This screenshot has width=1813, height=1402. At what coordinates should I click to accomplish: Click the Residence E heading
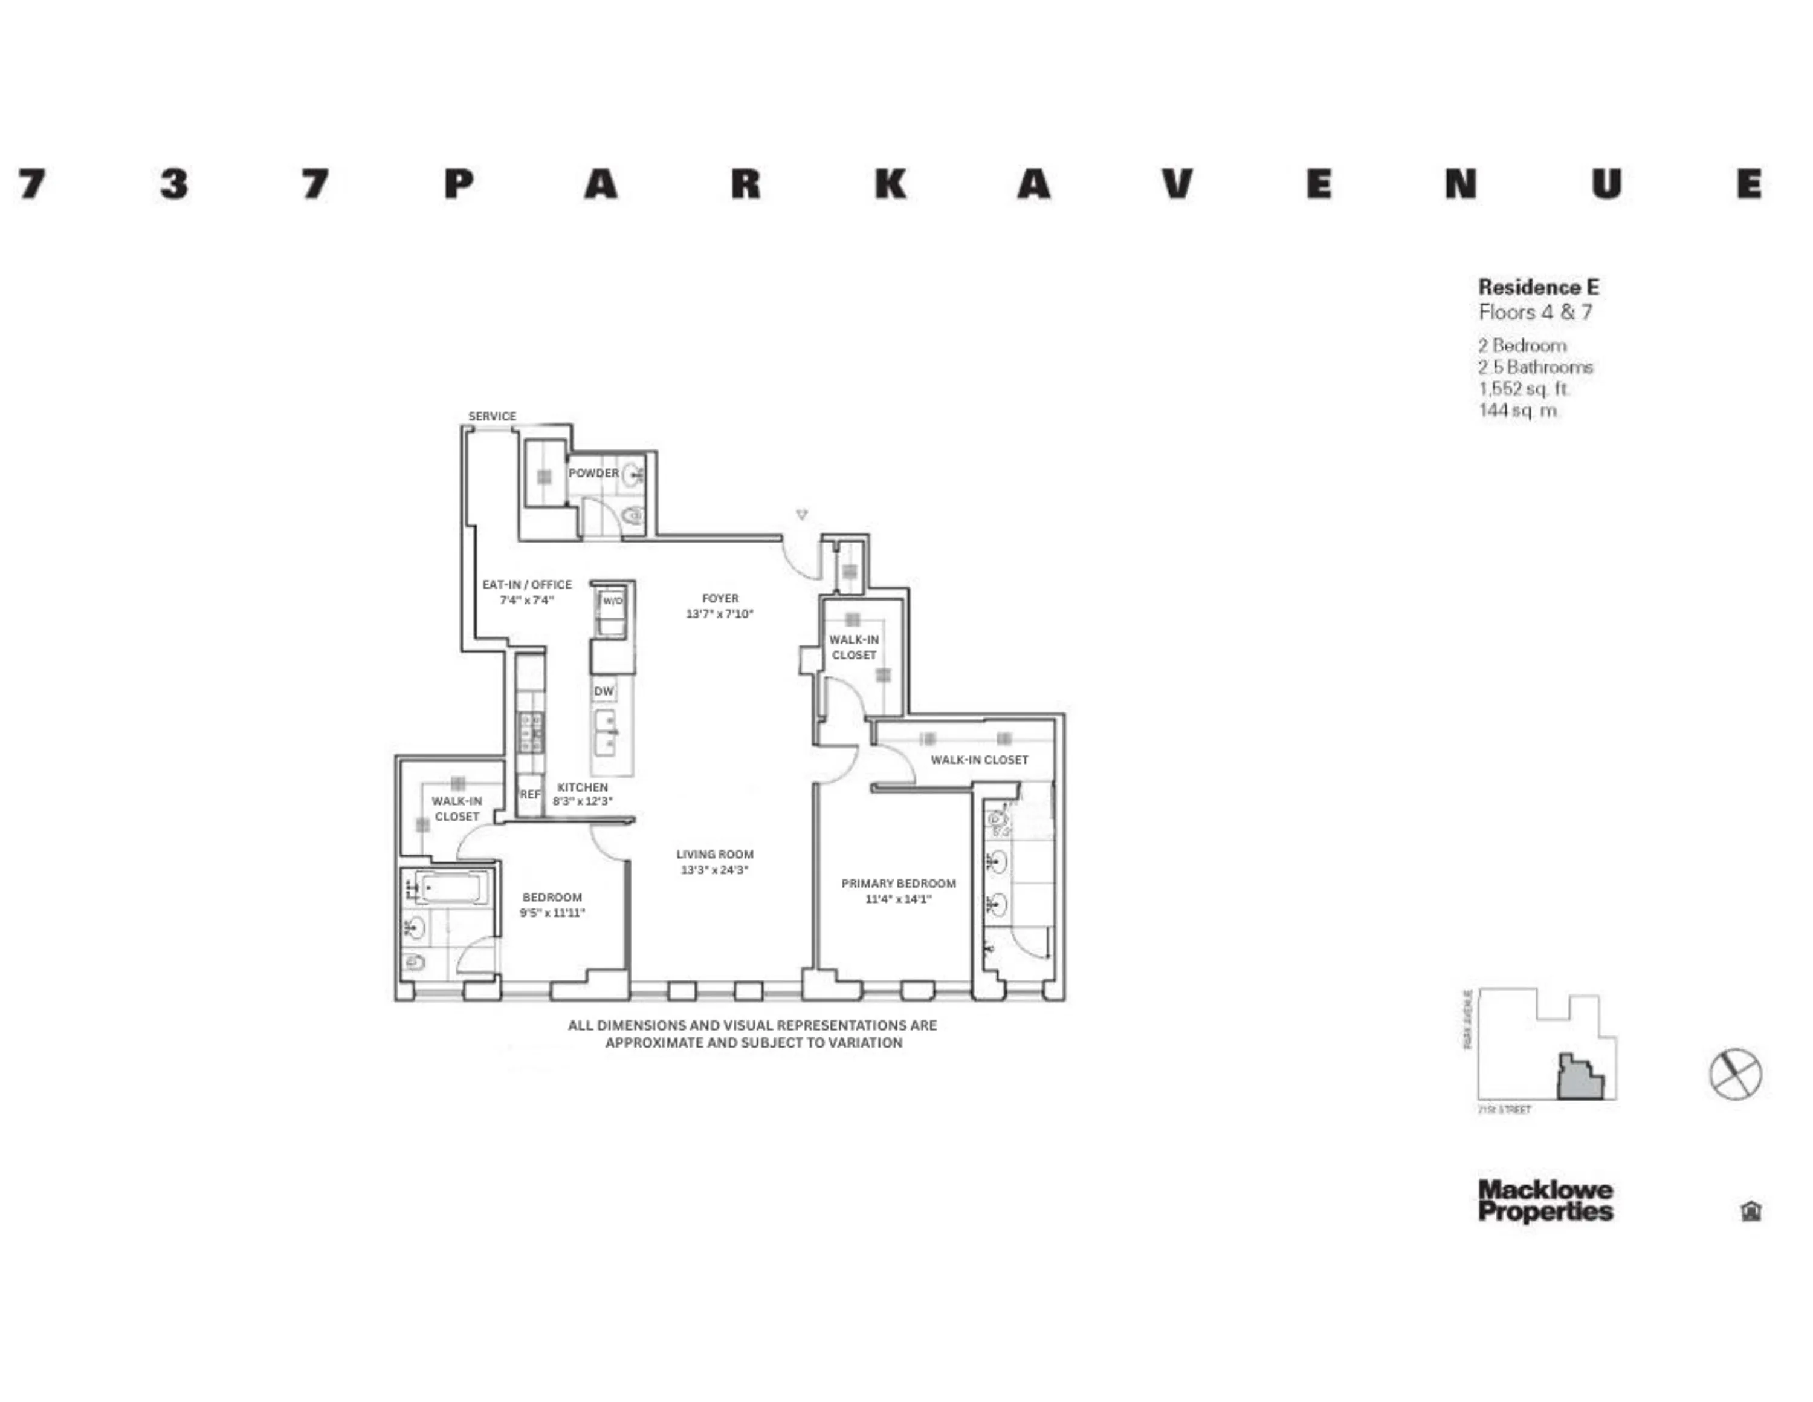(x=1537, y=287)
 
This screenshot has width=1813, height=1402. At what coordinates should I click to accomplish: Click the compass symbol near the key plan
(x=1735, y=1074)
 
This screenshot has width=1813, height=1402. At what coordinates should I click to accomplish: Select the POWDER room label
(x=593, y=472)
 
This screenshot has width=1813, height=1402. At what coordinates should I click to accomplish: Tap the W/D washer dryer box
(x=612, y=601)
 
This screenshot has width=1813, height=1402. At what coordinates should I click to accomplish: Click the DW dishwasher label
(x=604, y=691)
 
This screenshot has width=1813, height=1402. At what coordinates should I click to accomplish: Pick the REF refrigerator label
(x=529, y=794)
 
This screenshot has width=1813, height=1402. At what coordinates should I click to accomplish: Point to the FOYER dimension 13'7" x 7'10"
(x=719, y=614)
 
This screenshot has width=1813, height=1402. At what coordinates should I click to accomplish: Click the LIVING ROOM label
(x=714, y=854)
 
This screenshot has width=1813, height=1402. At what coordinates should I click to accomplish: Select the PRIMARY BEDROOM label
(x=898, y=883)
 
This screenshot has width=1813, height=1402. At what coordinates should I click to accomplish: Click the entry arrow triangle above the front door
(x=801, y=515)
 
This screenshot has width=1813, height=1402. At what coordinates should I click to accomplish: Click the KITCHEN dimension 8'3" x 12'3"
(x=582, y=801)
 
